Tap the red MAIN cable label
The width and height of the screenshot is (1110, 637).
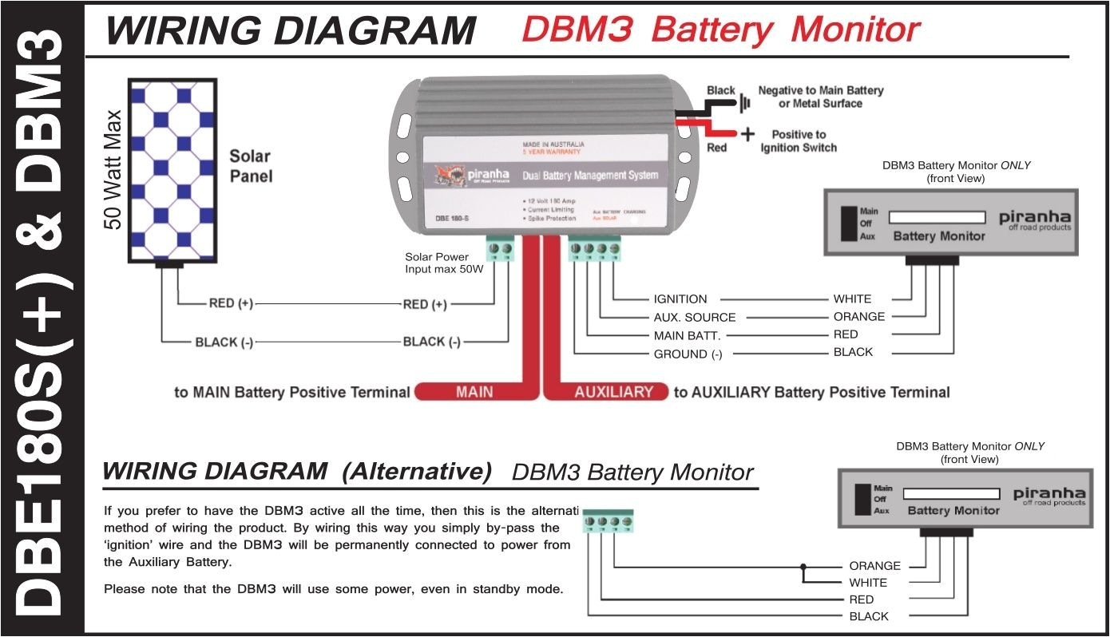point(474,392)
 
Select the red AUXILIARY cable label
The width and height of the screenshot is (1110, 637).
point(613,392)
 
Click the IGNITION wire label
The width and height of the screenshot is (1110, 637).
point(680,299)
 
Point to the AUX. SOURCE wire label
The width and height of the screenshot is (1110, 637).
point(695,317)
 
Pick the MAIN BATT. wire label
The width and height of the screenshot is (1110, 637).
point(687,335)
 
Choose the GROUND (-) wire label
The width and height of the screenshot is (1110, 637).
point(688,354)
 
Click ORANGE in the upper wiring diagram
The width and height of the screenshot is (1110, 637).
point(858,317)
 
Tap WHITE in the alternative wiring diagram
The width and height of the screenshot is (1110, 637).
point(868,583)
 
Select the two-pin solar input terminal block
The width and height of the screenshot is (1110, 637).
point(500,250)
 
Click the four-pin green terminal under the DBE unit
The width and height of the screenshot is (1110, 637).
point(594,250)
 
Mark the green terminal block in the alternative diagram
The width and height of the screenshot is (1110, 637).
point(609,521)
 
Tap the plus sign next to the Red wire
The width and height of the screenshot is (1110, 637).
point(747,134)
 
